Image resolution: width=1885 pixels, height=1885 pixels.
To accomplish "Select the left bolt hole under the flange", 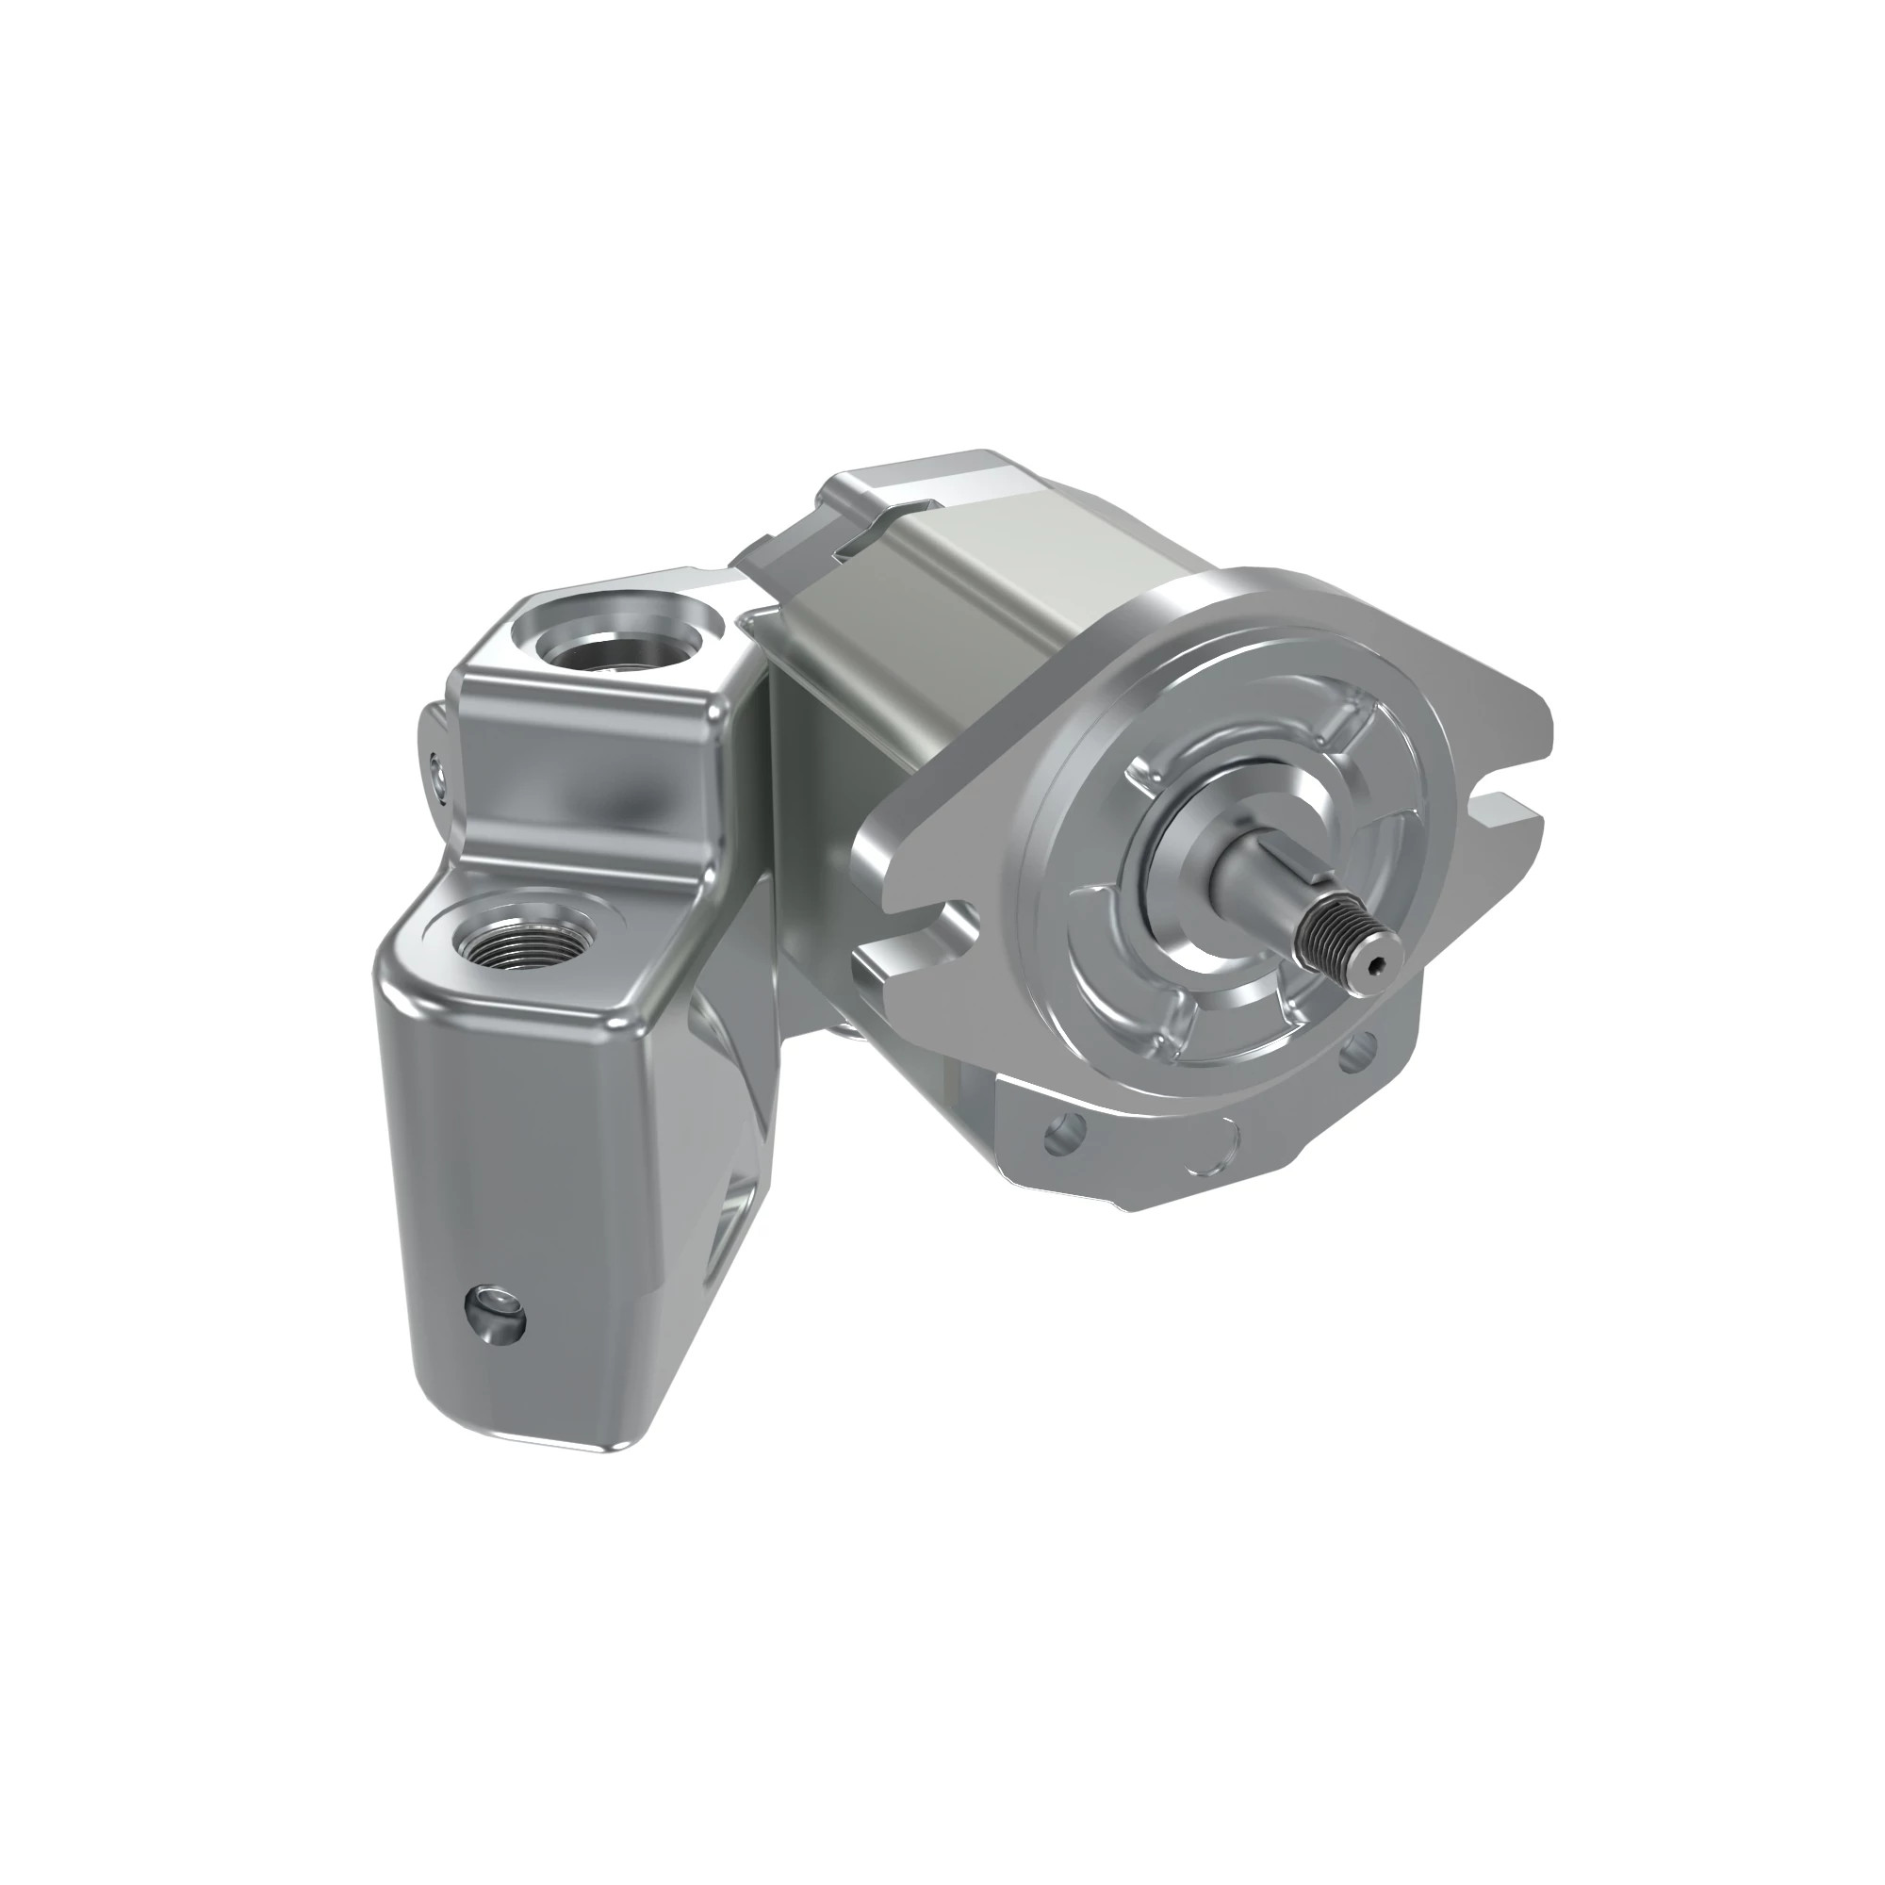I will point(1064,1132).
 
